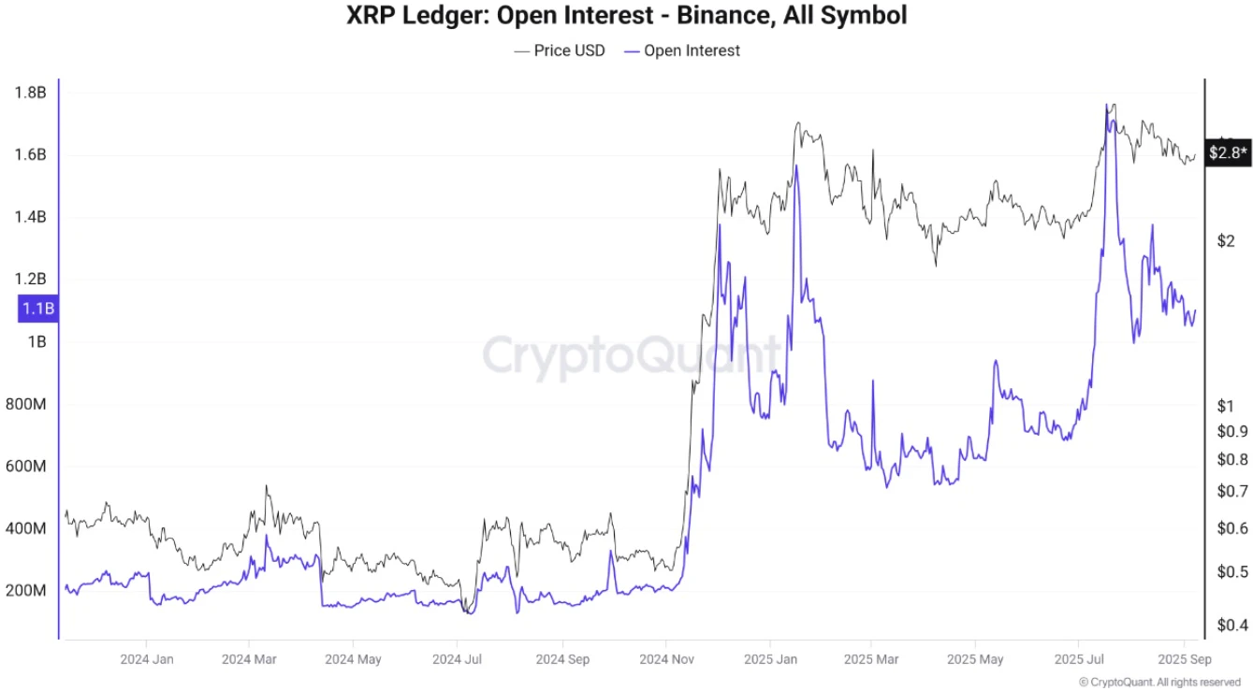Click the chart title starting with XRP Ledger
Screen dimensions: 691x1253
[x=626, y=16]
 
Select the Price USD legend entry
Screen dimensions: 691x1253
[x=560, y=50]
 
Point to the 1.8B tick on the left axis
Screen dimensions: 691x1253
[x=31, y=93]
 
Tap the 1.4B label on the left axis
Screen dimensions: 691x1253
[x=31, y=217]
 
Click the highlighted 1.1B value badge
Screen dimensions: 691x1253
[x=37, y=309]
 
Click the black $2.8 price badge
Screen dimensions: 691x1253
[x=1228, y=152]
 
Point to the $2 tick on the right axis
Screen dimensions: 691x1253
[x=1225, y=241]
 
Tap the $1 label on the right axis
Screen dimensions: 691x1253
[x=1225, y=406]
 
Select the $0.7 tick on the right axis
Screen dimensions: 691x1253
[x=1231, y=491]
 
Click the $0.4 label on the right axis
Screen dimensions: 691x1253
[x=1231, y=625]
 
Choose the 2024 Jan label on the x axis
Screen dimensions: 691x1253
[x=147, y=658]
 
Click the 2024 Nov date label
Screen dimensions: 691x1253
[x=665, y=658]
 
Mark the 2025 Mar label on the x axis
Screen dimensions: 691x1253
[x=871, y=658]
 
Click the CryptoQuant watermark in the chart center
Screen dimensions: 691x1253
[x=630, y=355]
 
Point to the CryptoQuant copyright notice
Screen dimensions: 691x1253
[x=1159, y=683]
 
